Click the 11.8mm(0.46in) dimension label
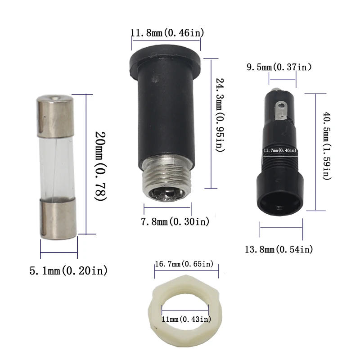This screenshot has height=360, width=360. coord(167,33)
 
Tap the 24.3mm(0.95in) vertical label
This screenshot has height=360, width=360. coord(220,115)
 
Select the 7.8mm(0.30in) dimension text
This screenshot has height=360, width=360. coord(175,221)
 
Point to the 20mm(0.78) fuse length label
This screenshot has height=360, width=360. coord(100,166)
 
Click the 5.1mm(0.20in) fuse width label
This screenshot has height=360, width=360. coord(68,270)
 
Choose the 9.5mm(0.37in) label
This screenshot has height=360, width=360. coord(279,67)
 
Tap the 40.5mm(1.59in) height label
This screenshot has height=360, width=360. coord(327,146)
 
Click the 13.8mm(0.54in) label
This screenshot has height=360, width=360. coord(279,249)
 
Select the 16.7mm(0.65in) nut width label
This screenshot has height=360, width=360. coord(184,264)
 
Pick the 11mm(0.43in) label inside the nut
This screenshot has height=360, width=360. coord(186,319)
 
